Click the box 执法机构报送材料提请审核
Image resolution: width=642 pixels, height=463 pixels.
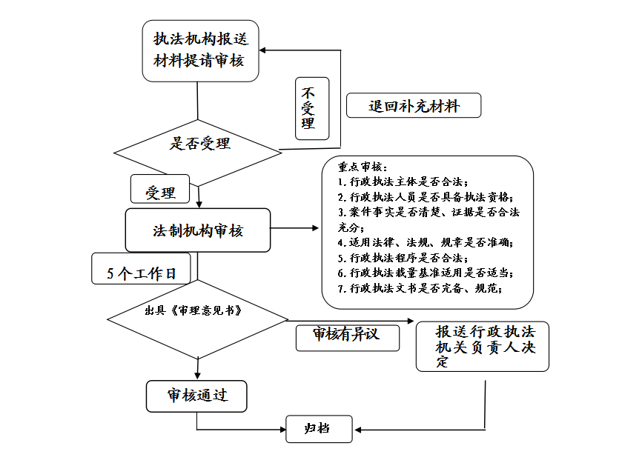[x=200, y=50]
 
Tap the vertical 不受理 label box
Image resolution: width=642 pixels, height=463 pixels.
[x=307, y=108]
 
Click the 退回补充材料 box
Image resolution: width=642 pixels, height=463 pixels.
[x=414, y=106]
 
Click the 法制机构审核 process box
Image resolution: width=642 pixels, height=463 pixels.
[x=198, y=230]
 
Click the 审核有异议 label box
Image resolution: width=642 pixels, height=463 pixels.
[x=347, y=336]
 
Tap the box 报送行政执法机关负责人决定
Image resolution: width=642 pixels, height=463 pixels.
[x=482, y=346]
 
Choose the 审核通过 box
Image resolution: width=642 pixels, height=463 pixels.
[x=196, y=396]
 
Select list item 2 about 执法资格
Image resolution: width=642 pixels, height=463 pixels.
[x=425, y=197]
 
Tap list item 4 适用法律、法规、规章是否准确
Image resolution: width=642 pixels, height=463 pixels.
[x=425, y=242]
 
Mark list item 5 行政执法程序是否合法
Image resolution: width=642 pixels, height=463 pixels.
[x=403, y=258]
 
